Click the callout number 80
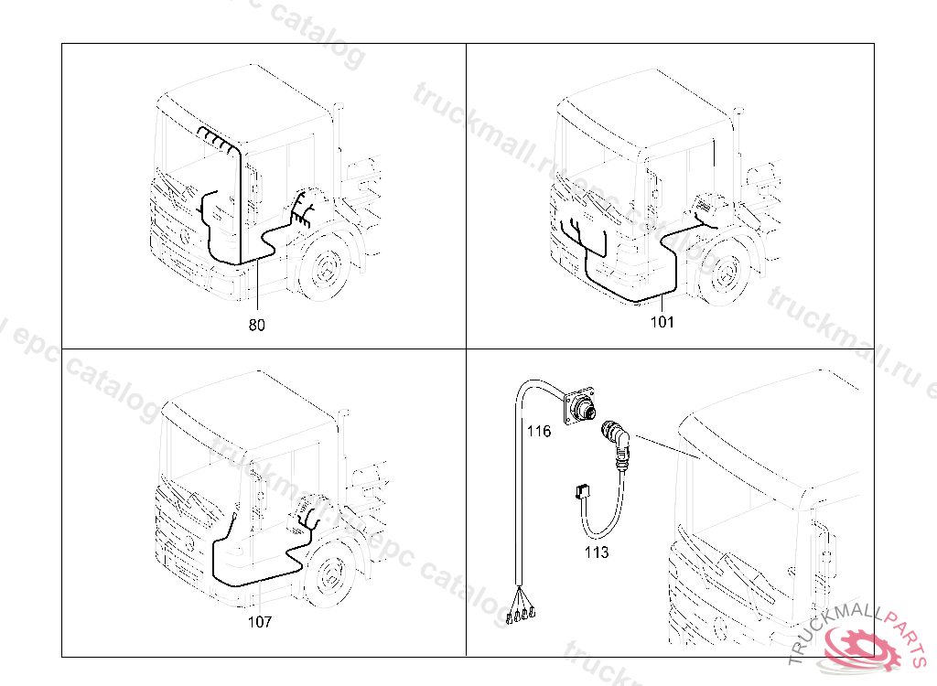tap(257, 325)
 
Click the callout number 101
tap(662, 321)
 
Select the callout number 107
tap(260, 622)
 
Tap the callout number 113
tap(597, 552)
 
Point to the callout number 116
tap(539, 431)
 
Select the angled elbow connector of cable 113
tap(617, 438)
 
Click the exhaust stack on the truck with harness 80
tap(339, 137)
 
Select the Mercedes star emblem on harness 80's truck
tap(184, 238)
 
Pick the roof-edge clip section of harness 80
tap(216, 139)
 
